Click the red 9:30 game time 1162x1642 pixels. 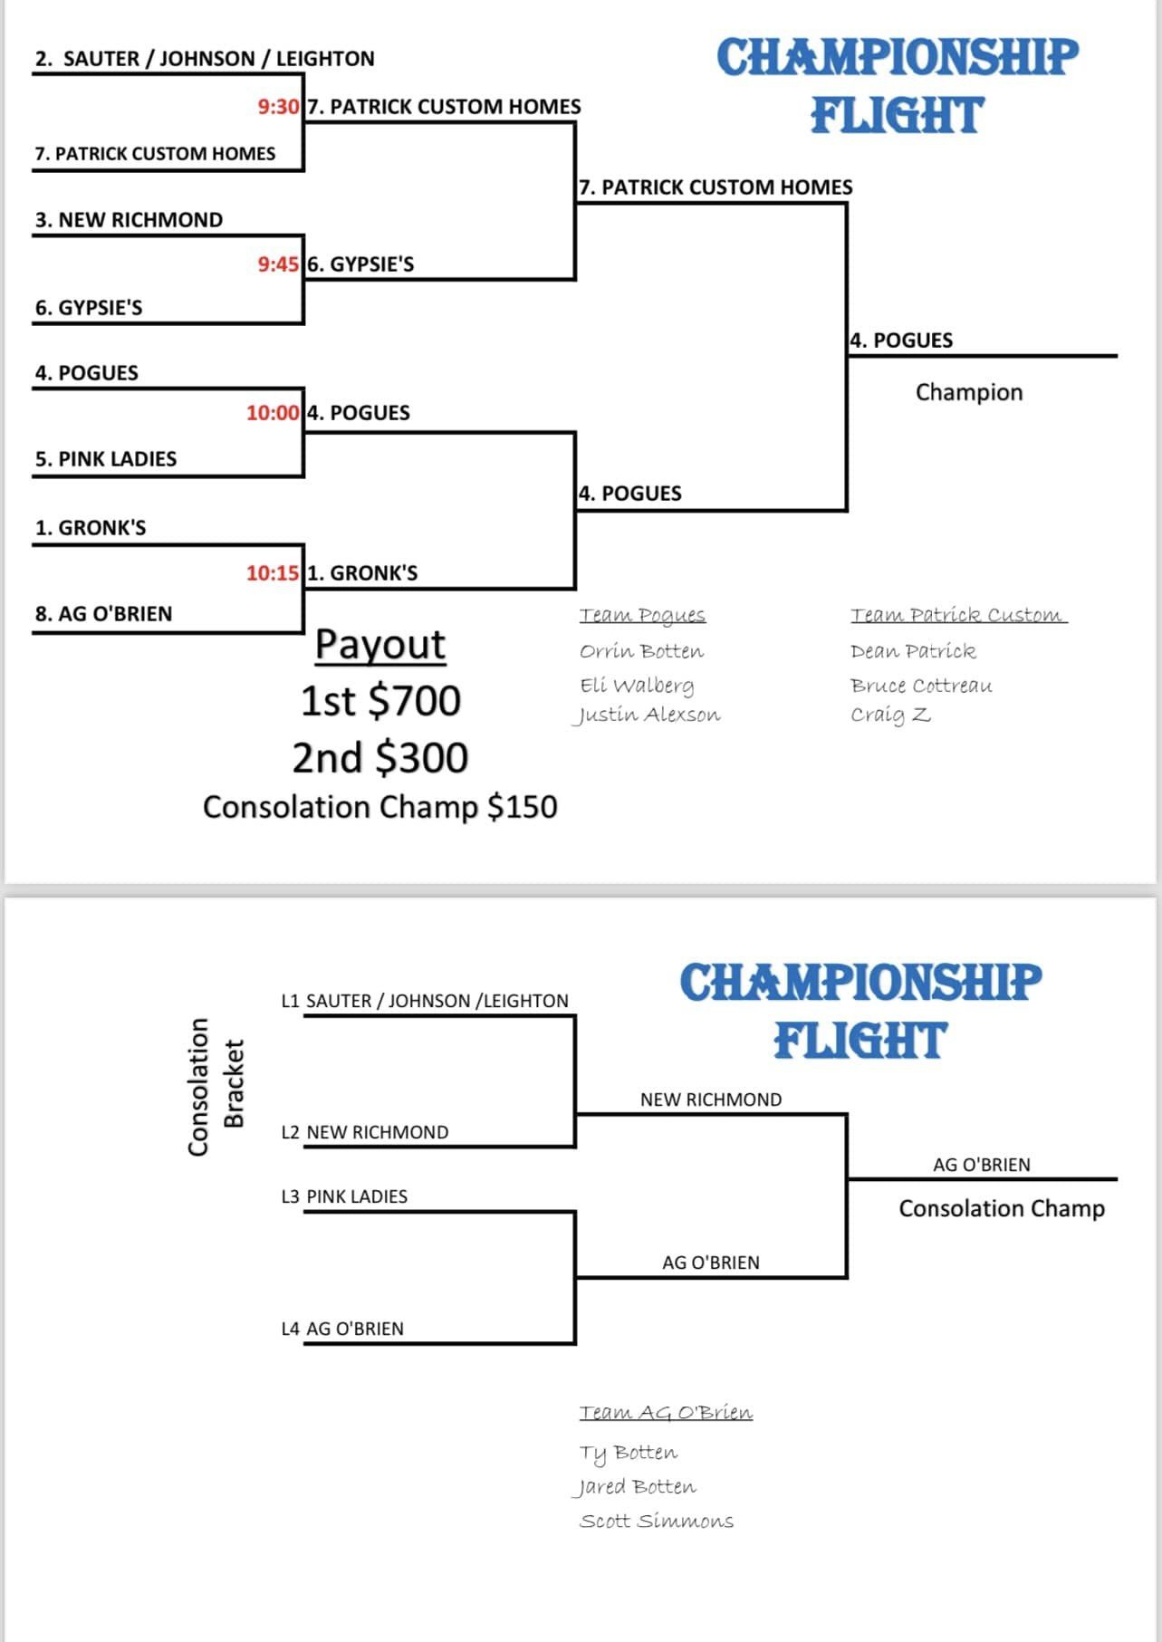pyautogui.click(x=278, y=107)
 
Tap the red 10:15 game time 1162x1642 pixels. pyautogui.click(x=273, y=573)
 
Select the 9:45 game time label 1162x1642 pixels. pyautogui.click(x=278, y=264)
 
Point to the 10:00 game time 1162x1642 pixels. pyautogui.click(x=273, y=413)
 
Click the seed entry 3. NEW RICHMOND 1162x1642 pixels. pyautogui.click(x=129, y=220)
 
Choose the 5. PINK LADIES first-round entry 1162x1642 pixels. pyautogui.click(x=106, y=459)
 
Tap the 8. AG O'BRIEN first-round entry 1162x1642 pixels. pyautogui.click(x=103, y=614)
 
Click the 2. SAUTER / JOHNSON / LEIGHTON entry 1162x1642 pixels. pyautogui.click(x=205, y=59)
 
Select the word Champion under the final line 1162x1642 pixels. pyautogui.click(x=968, y=392)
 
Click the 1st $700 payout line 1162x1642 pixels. pyautogui.click(x=380, y=701)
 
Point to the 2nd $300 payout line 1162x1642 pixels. pyautogui.click(x=380, y=758)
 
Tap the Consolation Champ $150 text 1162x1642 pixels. pyautogui.click(x=380, y=807)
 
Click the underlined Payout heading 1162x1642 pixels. pyautogui.click(x=380, y=645)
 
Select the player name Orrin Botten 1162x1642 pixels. pyautogui.click(x=641, y=651)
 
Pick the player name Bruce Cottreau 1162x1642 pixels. pyautogui.click(x=921, y=686)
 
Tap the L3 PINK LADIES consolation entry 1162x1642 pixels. pyautogui.click(x=344, y=1196)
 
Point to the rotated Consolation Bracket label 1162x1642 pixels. pyautogui.click(x=216, y=1087)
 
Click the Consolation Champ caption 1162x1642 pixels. pyautogui.click(x=1002, y=1208)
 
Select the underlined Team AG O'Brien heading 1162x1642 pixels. pyautogui.click(x=666, y=1412)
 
